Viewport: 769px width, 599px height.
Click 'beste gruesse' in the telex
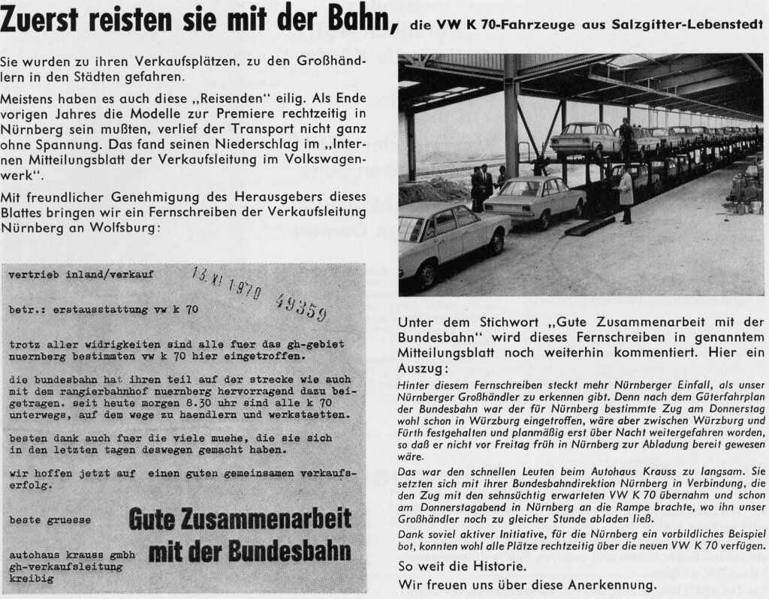pos(50,519)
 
